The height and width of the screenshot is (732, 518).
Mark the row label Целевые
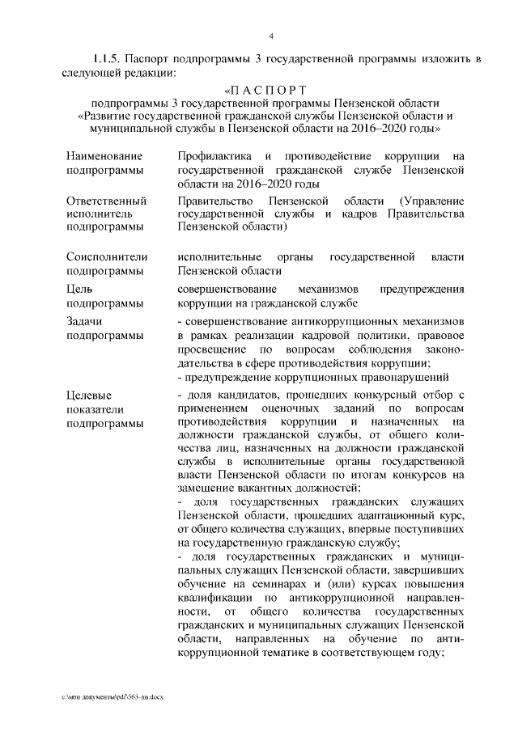point(90,395)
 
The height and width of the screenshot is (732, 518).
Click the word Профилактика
point(214,154)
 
